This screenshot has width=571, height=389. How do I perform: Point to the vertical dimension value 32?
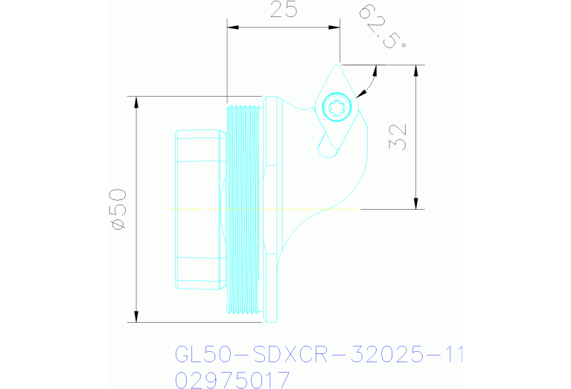coord(398,136)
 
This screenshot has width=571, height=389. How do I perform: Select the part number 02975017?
coord(232,380)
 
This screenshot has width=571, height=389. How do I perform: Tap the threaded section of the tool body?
coord(243,208)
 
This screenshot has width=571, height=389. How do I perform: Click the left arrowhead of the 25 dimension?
coord(232,28)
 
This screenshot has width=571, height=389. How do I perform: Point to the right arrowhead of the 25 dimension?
coord(334,28)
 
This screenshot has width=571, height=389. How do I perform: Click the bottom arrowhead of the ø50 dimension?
coord(136,317)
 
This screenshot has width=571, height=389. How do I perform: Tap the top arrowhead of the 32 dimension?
coord(415,71)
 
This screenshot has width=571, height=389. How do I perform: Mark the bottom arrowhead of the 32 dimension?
coord(415,203)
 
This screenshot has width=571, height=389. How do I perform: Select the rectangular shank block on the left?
coord(200,209)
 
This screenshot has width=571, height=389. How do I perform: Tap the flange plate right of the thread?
coord(271,209)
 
